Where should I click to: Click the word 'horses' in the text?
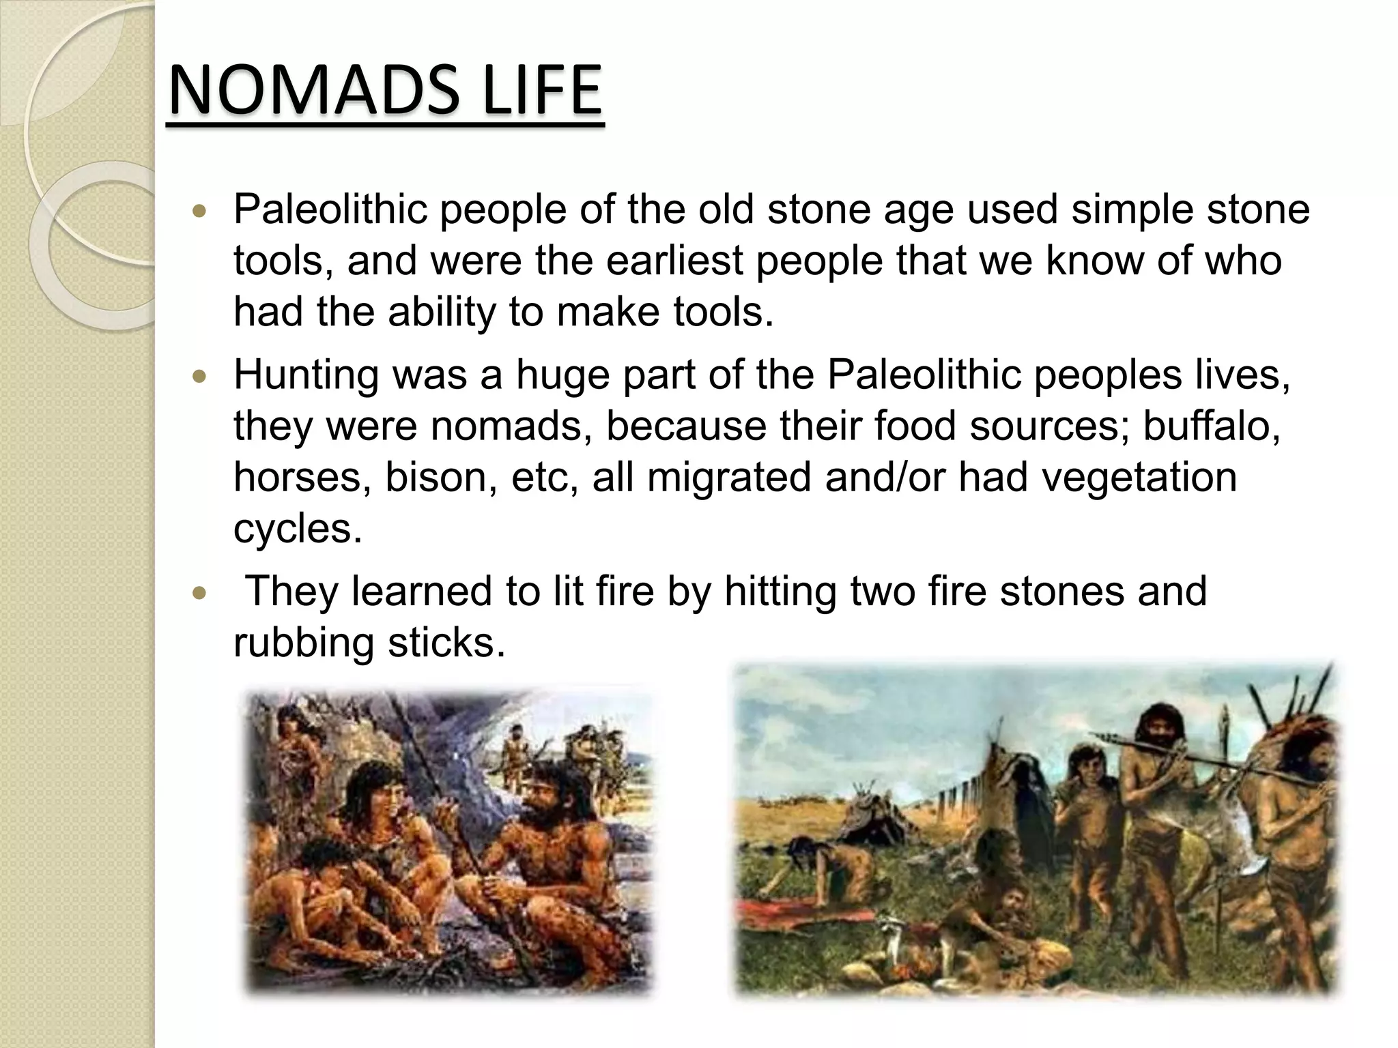[303, 477]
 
